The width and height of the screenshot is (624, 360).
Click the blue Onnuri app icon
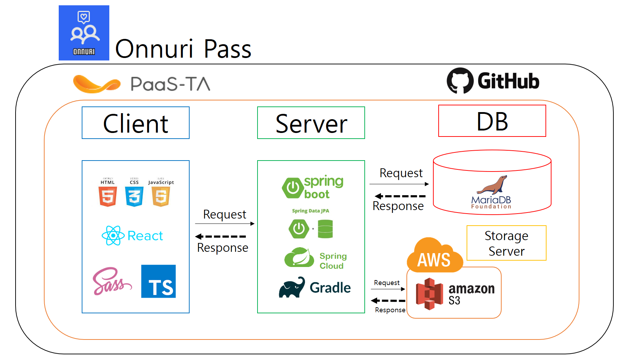tap(84, 33)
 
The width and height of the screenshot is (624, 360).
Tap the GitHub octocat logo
tap(460, 81)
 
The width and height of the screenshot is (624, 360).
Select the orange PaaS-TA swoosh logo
tap(96, 84)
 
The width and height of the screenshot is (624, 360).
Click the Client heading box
tap(135, 123)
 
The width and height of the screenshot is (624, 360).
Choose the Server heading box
tap(311, 123)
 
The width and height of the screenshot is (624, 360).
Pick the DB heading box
tap(492, 121)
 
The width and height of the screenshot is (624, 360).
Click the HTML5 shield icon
tap(108, 196)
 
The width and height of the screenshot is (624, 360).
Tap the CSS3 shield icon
tap(134, 196)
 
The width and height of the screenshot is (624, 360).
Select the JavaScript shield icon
tap(161, 196)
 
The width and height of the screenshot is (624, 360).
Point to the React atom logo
tap(113, 236)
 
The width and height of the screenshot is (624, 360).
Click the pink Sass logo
tap(111, 281)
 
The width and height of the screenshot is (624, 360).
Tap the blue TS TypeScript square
tap(158, 281)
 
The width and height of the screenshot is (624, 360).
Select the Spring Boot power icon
tap(293, 188)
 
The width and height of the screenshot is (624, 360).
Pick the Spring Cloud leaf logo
tap(299, 258)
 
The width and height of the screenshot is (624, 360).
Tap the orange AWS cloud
tap(435, 256)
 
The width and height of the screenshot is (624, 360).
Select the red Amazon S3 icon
tap(429, 294)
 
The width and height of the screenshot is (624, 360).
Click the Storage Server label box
tap(506, 243)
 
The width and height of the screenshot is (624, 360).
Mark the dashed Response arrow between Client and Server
tap(221, 237)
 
